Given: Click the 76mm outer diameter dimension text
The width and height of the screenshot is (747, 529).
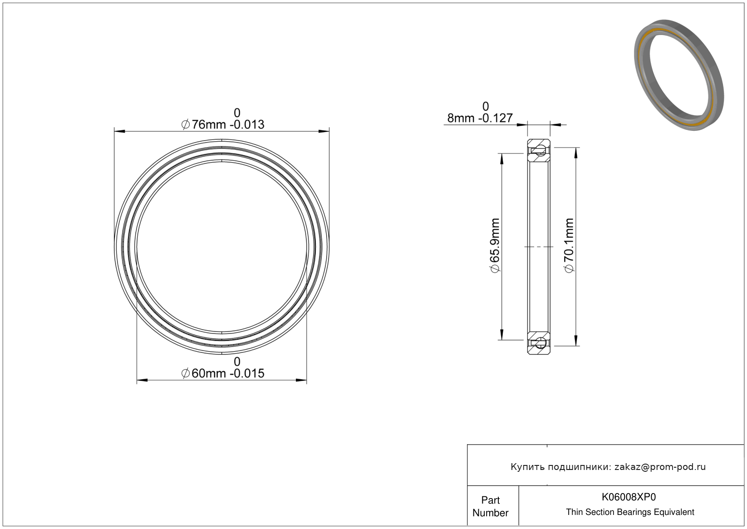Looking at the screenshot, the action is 223,124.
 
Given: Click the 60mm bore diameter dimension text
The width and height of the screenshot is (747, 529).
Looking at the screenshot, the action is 223,373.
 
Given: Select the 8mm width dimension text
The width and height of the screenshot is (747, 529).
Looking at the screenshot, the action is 480,118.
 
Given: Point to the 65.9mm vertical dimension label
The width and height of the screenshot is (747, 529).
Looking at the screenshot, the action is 495,245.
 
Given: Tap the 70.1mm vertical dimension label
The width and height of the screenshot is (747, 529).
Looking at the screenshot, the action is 569,245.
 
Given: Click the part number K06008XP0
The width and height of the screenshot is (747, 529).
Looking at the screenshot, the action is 629,497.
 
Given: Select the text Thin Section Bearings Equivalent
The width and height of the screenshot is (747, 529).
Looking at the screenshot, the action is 630,512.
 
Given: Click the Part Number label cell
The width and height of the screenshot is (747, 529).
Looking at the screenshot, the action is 490,506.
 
